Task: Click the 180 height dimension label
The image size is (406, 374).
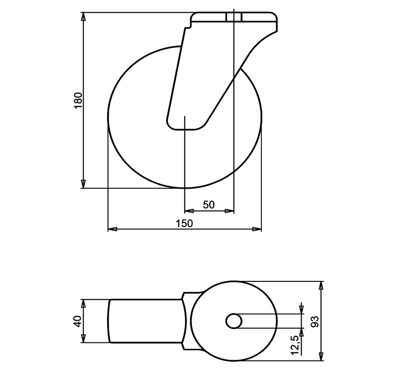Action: click(x=78, y=100)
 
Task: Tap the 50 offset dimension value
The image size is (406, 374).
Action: click(x=208, y=205)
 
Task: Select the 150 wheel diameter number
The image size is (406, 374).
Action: click(x=184, y=223)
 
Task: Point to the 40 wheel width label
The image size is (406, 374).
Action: click(x=77, y=321)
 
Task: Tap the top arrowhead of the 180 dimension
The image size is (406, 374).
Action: click(x=83, y=17)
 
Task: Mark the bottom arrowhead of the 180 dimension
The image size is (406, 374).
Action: click(x=83, y=183)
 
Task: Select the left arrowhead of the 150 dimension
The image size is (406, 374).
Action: click(x=112, y=229)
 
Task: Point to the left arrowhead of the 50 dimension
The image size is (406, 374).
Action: click(x=188, y=211)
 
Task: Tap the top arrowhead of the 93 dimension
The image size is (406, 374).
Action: click(x=322, y=286)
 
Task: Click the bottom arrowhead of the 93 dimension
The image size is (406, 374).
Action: click(x=322, y=356)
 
